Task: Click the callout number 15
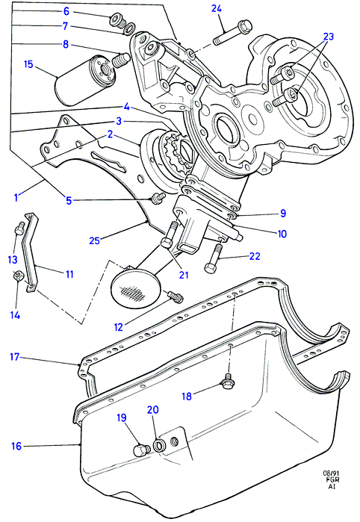(28, 64)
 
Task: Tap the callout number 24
(217, 8)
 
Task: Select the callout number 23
(329, 37)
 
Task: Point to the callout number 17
(15, 357)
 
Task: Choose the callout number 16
(16, 446)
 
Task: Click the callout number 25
(95, 240)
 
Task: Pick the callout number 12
(118, 327)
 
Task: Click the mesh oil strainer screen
(135, 289)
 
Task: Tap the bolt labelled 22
(213, 259)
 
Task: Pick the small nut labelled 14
(18, 276)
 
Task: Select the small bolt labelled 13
(19, 229)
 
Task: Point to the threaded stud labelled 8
(121, 60)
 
